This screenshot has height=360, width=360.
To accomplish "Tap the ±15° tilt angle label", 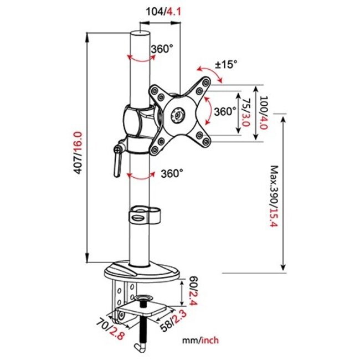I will point(226,64).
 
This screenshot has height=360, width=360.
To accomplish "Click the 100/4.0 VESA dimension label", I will point(264,112).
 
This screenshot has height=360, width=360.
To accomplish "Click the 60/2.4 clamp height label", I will point(193,292).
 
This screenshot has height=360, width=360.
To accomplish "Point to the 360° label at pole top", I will point(161,49).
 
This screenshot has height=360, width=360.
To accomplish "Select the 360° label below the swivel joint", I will point(172,173).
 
